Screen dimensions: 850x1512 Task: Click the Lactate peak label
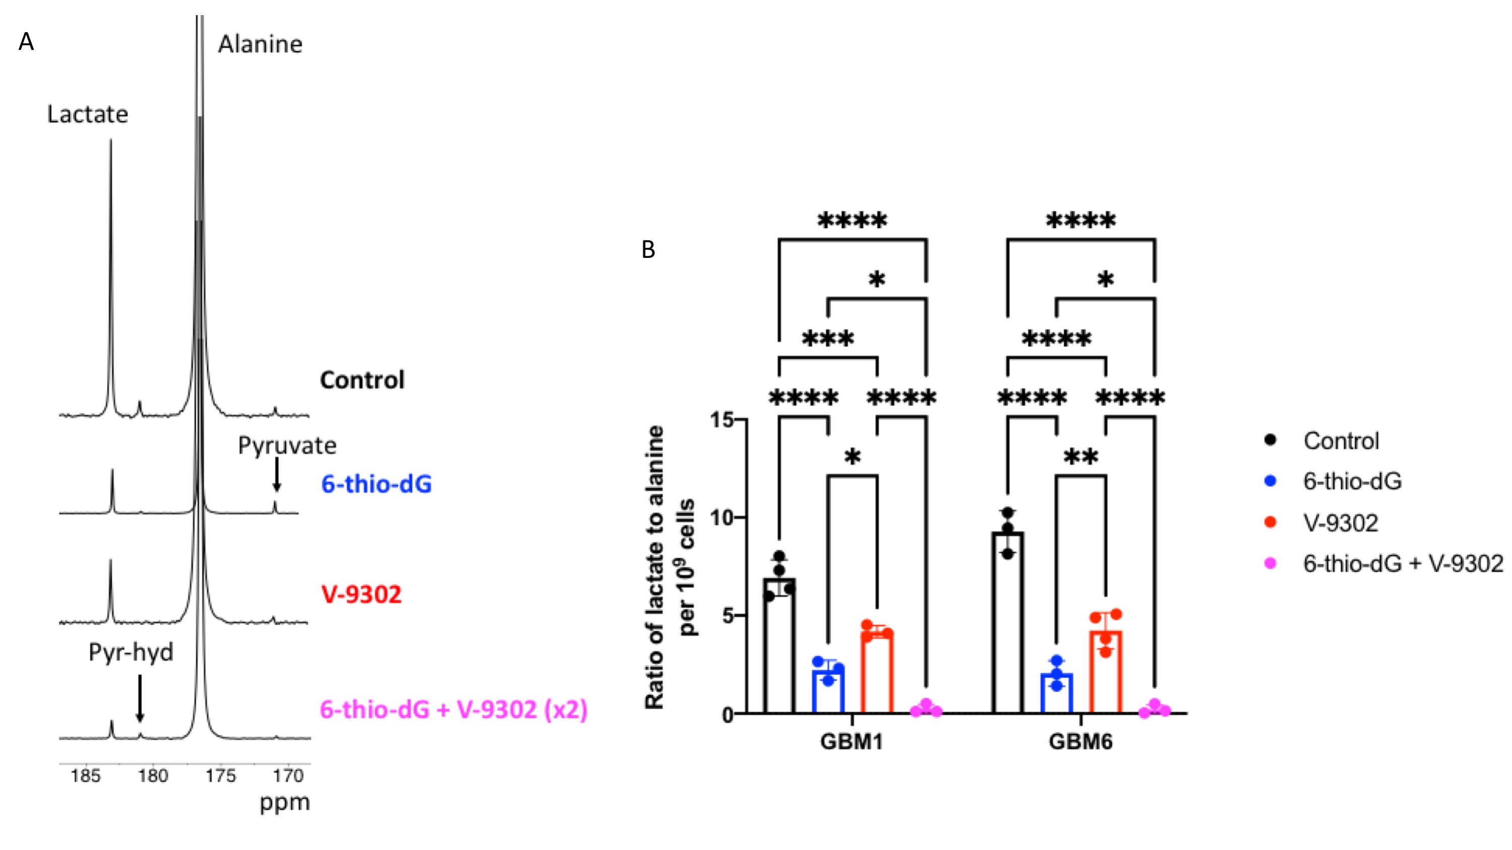tap(87, 114)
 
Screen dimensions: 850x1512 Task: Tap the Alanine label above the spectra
tap(260, 44)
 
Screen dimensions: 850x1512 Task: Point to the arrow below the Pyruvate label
tap(276, 475)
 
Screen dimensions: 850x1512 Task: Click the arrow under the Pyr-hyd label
tap(140, 698)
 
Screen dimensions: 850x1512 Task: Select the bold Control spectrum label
tap(362, 380)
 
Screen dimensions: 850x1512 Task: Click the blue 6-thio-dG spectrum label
tap(376, 484)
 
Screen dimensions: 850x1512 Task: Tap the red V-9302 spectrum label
tap(361, 594)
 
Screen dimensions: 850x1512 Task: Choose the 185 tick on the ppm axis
tap(86, 776)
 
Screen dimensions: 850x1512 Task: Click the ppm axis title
tap(285, 802)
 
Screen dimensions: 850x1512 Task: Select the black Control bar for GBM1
tap(779, 645)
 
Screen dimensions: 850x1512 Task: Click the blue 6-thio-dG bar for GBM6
tap(1057, 693)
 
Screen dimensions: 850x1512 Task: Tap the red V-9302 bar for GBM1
tap(877, 673)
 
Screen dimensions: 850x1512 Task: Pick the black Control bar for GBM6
tap(1008, 622)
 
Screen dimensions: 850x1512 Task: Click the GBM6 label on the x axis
tap(1080, 742)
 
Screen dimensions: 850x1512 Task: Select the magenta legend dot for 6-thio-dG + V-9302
tap(1270, 563)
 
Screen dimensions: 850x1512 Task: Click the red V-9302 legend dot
tap(1270, 522)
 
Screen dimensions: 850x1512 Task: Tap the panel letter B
tap(648, 250)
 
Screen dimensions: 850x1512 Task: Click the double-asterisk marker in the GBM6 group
tap(1080, 457)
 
